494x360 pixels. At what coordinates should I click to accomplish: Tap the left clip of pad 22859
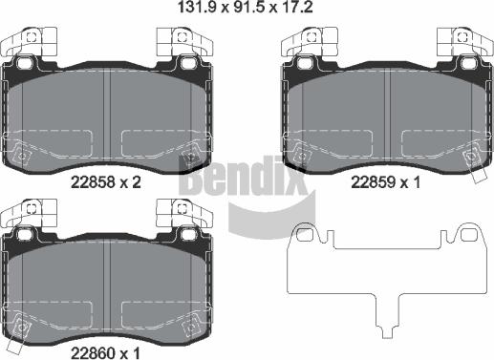point(311,43)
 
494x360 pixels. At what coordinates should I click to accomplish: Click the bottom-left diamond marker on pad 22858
point(22,153)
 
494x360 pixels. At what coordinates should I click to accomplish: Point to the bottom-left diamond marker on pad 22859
point(302,153)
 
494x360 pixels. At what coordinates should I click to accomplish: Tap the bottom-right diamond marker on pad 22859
point(471,153)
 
